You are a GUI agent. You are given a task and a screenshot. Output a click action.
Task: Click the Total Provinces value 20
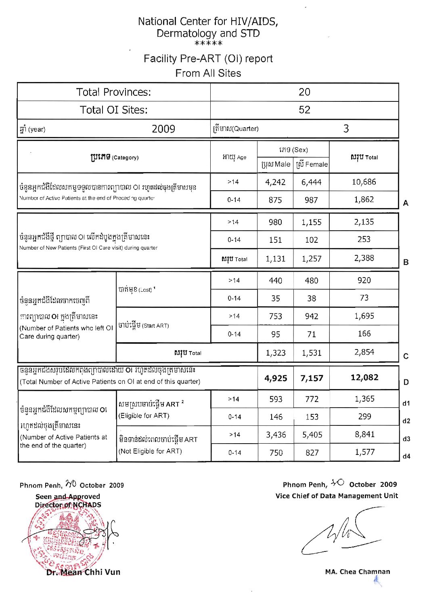pos(304,92)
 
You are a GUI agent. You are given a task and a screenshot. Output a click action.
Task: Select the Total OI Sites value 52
pos(304,110)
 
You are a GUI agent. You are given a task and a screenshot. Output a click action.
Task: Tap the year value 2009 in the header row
pos(163,129)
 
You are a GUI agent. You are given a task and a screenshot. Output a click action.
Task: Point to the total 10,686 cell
pos(364,182)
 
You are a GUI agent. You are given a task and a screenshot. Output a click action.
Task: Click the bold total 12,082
pos(364,377)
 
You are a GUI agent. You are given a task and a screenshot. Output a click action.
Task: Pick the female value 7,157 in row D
pos(312,378)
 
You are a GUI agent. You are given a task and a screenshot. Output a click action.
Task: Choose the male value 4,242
pos(275,182)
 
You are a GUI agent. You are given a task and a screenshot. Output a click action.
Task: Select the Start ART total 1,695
pos(364,316)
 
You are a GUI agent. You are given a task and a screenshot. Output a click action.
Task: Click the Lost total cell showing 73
pos(364,298)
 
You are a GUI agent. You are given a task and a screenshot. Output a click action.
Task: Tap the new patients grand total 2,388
pos(364,258)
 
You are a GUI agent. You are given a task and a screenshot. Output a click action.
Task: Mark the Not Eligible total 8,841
pos(364,434)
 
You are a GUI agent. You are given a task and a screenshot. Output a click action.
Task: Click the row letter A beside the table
pos(406,203)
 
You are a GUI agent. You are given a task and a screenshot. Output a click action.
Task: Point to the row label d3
pos(406,439)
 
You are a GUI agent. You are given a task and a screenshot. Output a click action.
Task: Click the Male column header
pos(276,164)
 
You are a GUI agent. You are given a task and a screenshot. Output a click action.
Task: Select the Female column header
pos(312,164)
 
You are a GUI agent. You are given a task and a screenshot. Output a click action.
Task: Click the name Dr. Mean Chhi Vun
pos(83,572)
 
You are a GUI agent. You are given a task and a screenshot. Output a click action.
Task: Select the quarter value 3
pos(346,128)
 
